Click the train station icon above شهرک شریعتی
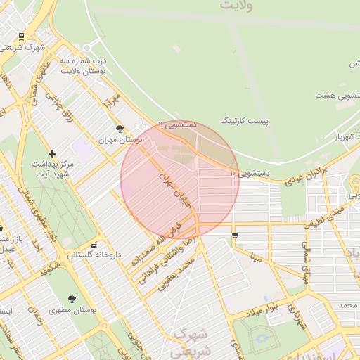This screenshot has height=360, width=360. tap(22, 37)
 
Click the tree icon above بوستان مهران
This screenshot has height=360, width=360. tap(120, 129)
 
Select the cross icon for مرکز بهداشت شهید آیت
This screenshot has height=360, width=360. tap(52, 153)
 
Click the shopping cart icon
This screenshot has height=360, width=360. tap(234, 235)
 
